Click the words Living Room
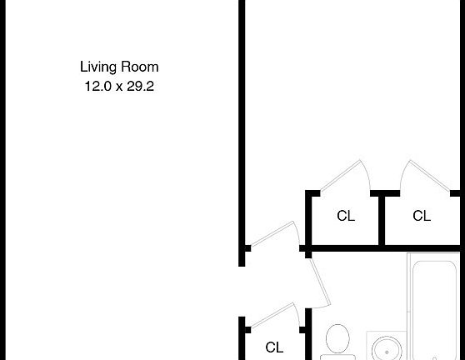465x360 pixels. point(118,67)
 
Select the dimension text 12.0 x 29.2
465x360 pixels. point(118,84)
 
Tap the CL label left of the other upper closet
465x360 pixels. point(346,217)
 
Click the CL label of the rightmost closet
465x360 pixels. point(422,217)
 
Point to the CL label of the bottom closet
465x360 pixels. point(275,347)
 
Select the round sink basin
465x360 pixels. point(387,348)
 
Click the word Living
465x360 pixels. point(98,67)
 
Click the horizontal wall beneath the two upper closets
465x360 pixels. point(383,247)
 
